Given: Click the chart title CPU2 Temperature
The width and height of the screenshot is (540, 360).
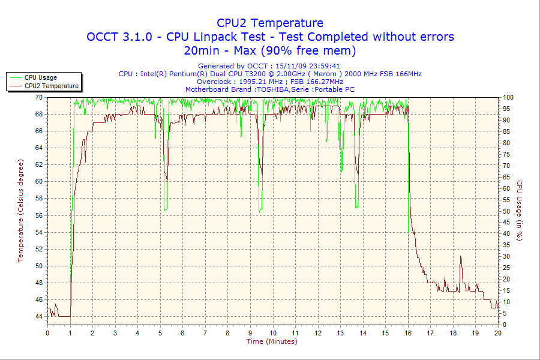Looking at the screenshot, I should coord(270,23).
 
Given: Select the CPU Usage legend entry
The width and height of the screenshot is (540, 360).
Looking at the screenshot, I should coord(41,77).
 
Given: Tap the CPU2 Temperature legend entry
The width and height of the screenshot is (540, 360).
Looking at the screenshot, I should coord(51,86).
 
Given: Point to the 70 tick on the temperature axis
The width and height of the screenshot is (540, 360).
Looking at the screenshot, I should coord(39,97).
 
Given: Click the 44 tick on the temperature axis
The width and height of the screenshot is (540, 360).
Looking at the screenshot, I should coord(39,316).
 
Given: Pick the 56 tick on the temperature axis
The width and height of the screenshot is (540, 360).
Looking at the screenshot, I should coord(39,215).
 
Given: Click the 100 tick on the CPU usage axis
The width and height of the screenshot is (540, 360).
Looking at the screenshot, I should coord(508,97).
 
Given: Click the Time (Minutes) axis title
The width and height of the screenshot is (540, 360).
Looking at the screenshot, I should coord(272,341).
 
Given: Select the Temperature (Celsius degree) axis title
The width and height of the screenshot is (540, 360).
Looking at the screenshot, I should coord(20,211).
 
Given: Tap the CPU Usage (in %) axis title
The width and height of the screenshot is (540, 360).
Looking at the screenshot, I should coord(520,211).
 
